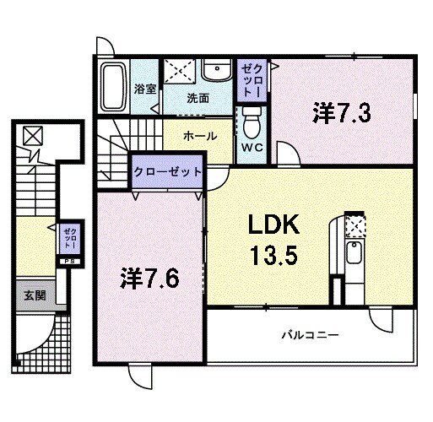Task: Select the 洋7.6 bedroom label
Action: [x=149, y=276]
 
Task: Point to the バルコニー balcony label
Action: [x=310, y=334]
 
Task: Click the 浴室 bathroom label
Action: [x=144, y=89]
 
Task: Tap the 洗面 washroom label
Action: [x=198, y=97]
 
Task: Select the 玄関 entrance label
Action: [x=35, y=295]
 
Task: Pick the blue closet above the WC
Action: [x=251, y=80]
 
